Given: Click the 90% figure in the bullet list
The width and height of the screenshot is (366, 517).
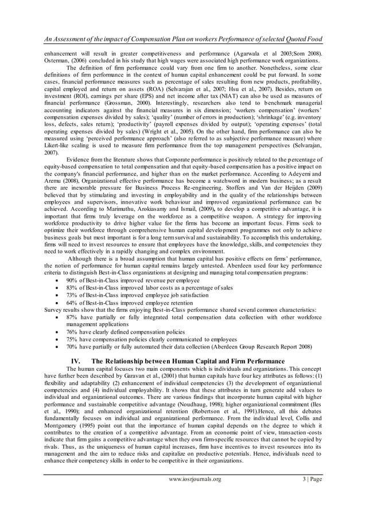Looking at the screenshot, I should (x=72, y=280).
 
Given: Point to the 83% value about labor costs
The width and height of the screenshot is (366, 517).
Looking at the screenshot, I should (x=72, y=288).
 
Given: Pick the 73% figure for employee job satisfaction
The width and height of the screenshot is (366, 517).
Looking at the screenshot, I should (x=72, y=295).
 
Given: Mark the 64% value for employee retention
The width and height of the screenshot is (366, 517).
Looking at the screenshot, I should (x=72, y=303).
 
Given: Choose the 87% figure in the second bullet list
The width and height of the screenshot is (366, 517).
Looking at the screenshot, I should (x=72, y=317).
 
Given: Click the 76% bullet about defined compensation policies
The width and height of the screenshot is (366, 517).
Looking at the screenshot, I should (x=72, y=331).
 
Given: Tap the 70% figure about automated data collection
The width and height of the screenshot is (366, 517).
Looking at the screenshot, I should (x=72, y=346).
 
